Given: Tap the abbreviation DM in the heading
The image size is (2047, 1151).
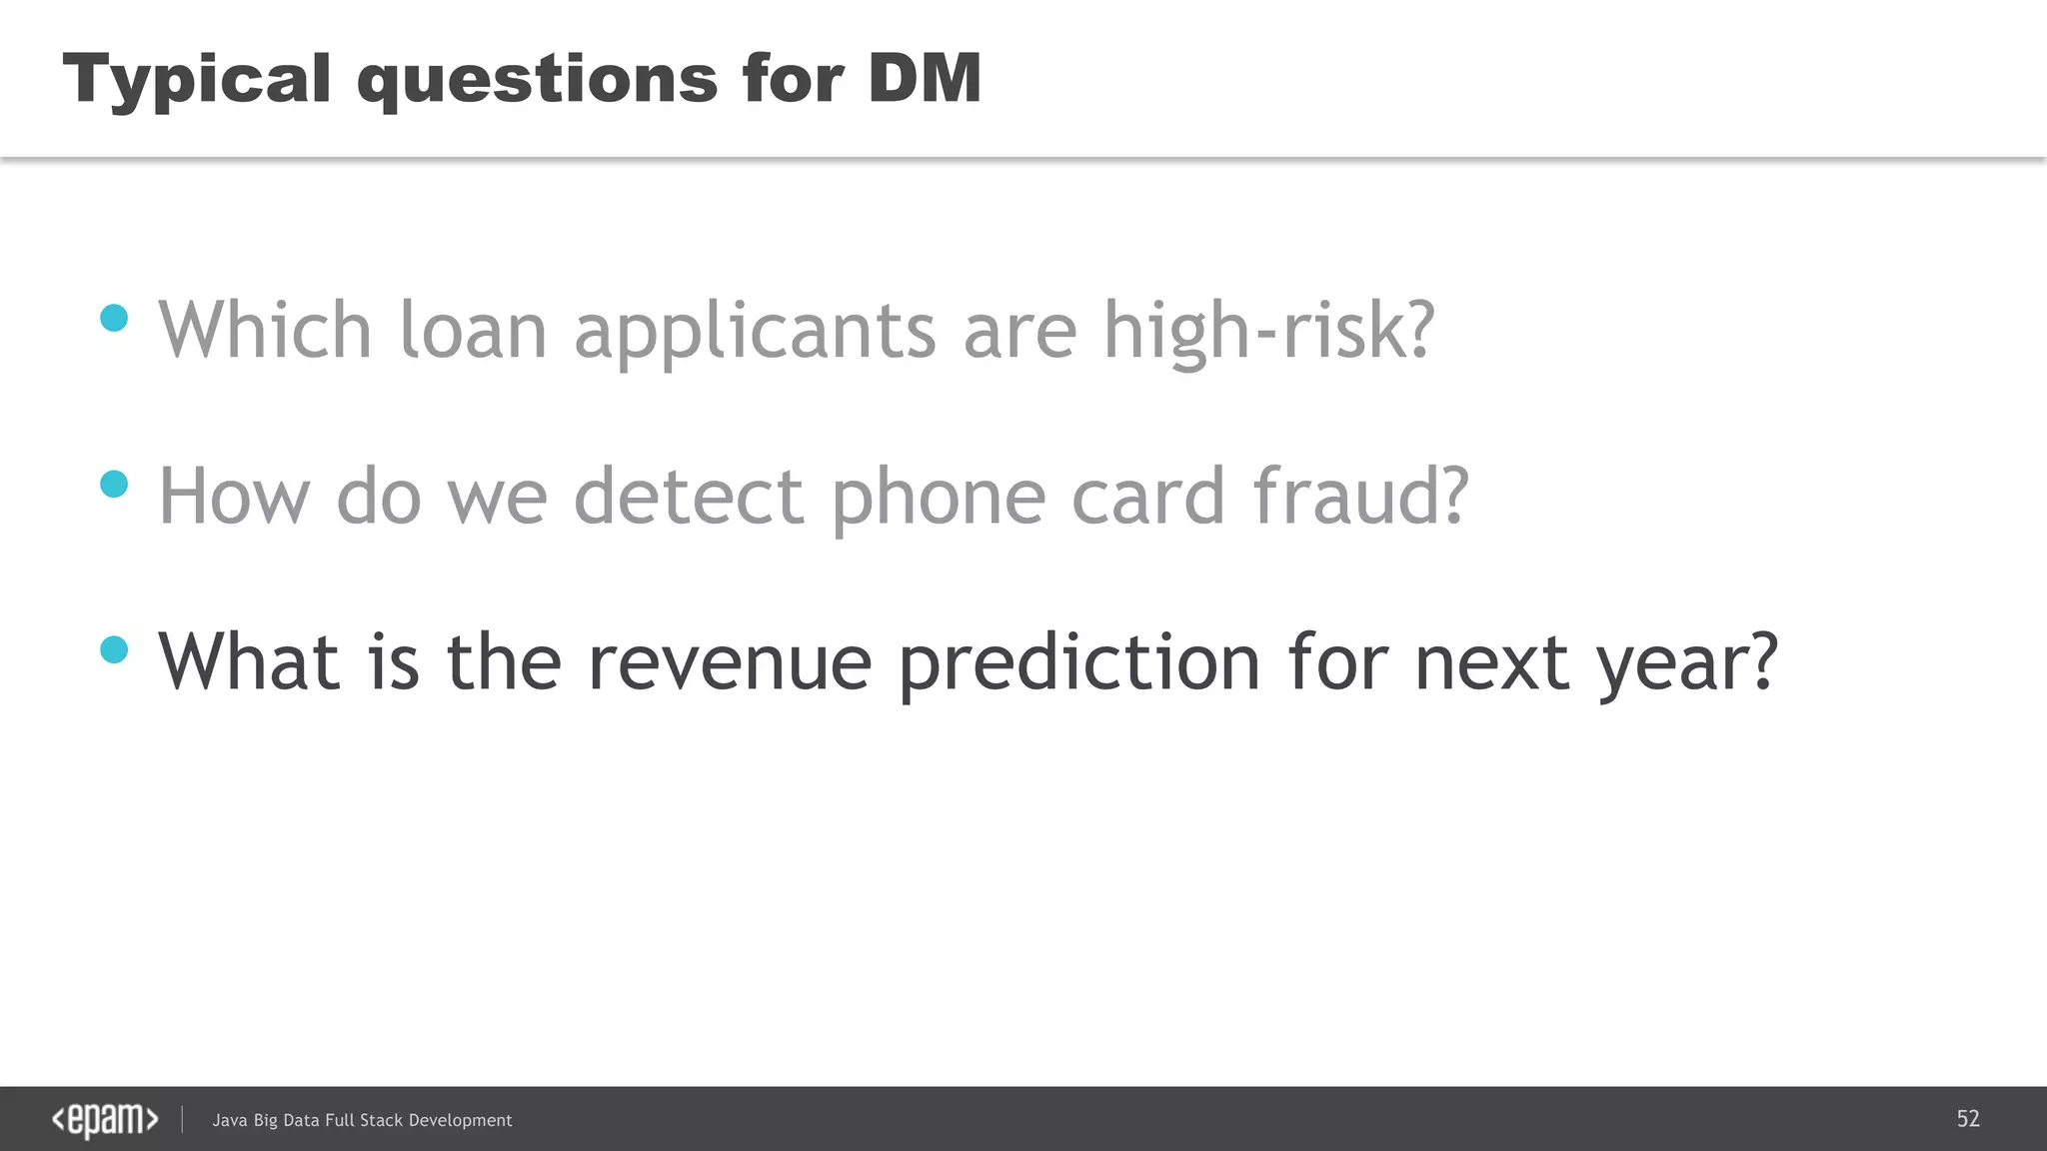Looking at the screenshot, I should (925, 78).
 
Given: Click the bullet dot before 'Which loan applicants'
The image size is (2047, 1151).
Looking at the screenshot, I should (115, 318).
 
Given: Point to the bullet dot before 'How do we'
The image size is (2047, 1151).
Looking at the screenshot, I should (115, 485).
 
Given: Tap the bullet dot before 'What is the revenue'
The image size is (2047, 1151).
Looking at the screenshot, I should (115, 650).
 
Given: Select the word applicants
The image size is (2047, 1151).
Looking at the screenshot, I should (755, 333).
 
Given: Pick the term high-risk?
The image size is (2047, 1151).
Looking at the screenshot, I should (1268, 333).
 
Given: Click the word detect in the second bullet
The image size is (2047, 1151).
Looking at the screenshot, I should (689, 497).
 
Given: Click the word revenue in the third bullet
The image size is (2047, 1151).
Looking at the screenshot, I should (730, 663).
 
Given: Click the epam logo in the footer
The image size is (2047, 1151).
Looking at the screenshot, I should (105, 1120).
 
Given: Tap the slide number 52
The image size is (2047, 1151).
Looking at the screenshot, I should (1968, 1119).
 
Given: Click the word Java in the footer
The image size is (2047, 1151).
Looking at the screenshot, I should (229, 1121).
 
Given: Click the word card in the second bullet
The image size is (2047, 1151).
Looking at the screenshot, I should (1147, 497).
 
